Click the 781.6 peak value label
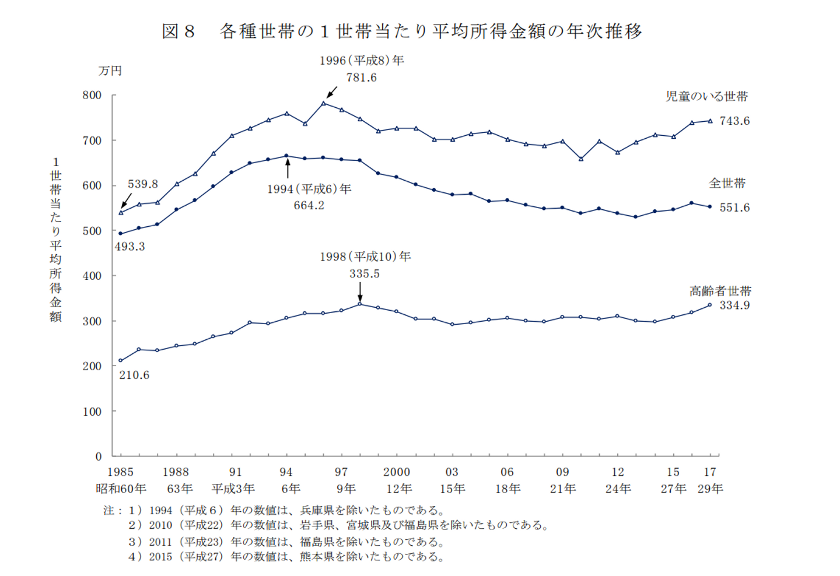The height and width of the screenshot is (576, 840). point(361,78)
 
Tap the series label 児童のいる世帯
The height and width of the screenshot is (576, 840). point(706,96)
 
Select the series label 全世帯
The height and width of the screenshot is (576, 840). point(727,183)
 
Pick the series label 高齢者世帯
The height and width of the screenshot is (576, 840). point(720,290)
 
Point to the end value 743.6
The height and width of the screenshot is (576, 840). point(734,121)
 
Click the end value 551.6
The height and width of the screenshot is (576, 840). point(734,208)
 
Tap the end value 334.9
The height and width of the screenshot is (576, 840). point(734,305)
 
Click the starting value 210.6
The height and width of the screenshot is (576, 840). point(134,375)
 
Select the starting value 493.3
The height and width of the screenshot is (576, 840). point(129,247)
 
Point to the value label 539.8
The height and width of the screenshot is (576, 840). point(142,184)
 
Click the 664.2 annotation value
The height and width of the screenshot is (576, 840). point(309,205)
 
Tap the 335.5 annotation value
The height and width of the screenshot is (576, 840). point(364,273)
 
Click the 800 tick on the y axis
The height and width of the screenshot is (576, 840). point(92,95)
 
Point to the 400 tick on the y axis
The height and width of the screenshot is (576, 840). point(92,276)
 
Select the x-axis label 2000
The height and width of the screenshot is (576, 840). point(397,472)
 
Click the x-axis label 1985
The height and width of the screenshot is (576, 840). point(120,472)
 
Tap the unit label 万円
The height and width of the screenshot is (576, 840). point(110,71)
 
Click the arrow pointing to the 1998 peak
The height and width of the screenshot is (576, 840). point(360,291)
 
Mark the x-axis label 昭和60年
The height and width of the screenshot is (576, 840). point(121,489)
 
